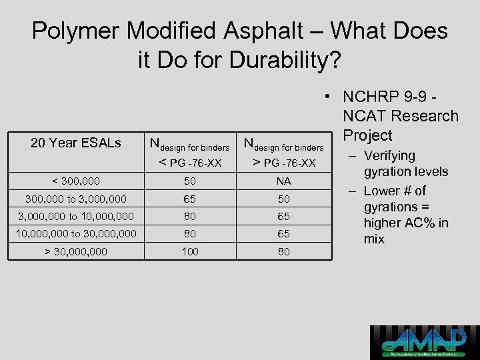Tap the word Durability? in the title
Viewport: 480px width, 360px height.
click(285, 61)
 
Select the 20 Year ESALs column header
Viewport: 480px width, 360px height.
click(76, 143)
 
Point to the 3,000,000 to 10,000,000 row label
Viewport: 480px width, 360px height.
click(77, 216)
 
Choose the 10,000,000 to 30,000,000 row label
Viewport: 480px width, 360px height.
click(77, 234)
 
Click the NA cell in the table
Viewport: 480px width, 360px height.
click(284, 181)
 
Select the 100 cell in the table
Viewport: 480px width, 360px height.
click(190, 252)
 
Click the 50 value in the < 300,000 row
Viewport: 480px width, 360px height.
click(190, 181)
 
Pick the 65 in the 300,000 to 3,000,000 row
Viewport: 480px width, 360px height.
click(190, 199)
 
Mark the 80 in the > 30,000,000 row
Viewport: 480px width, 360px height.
click(284, 252)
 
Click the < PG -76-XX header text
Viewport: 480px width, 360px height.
click(189, 163)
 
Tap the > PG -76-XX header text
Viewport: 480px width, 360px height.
click(283, 163)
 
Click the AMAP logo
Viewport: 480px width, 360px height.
click(425, 342)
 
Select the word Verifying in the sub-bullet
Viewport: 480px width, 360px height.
click(389, 156)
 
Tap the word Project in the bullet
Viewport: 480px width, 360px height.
click(367, 135)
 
